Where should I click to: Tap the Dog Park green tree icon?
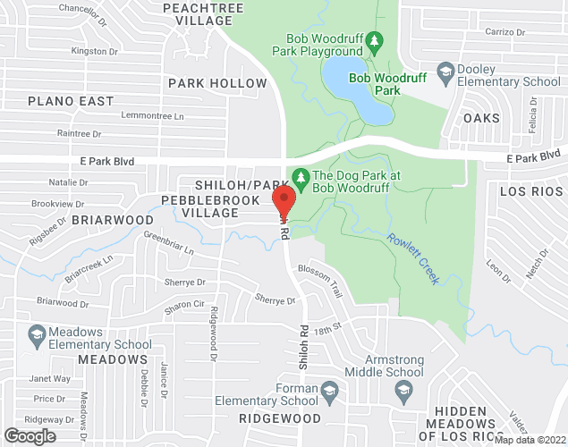(301, 177)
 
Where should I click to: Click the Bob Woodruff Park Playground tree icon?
(376, 39)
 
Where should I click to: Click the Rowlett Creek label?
(413, 258)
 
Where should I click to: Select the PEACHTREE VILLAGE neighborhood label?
(199, 13)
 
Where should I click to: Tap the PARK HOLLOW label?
(217, 83)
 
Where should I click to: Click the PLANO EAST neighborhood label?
(71, 101)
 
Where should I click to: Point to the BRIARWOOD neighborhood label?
(113, 219)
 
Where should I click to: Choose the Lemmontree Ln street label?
(152, 116)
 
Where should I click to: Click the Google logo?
(30, 435)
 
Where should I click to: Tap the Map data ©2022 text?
(530, 440)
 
